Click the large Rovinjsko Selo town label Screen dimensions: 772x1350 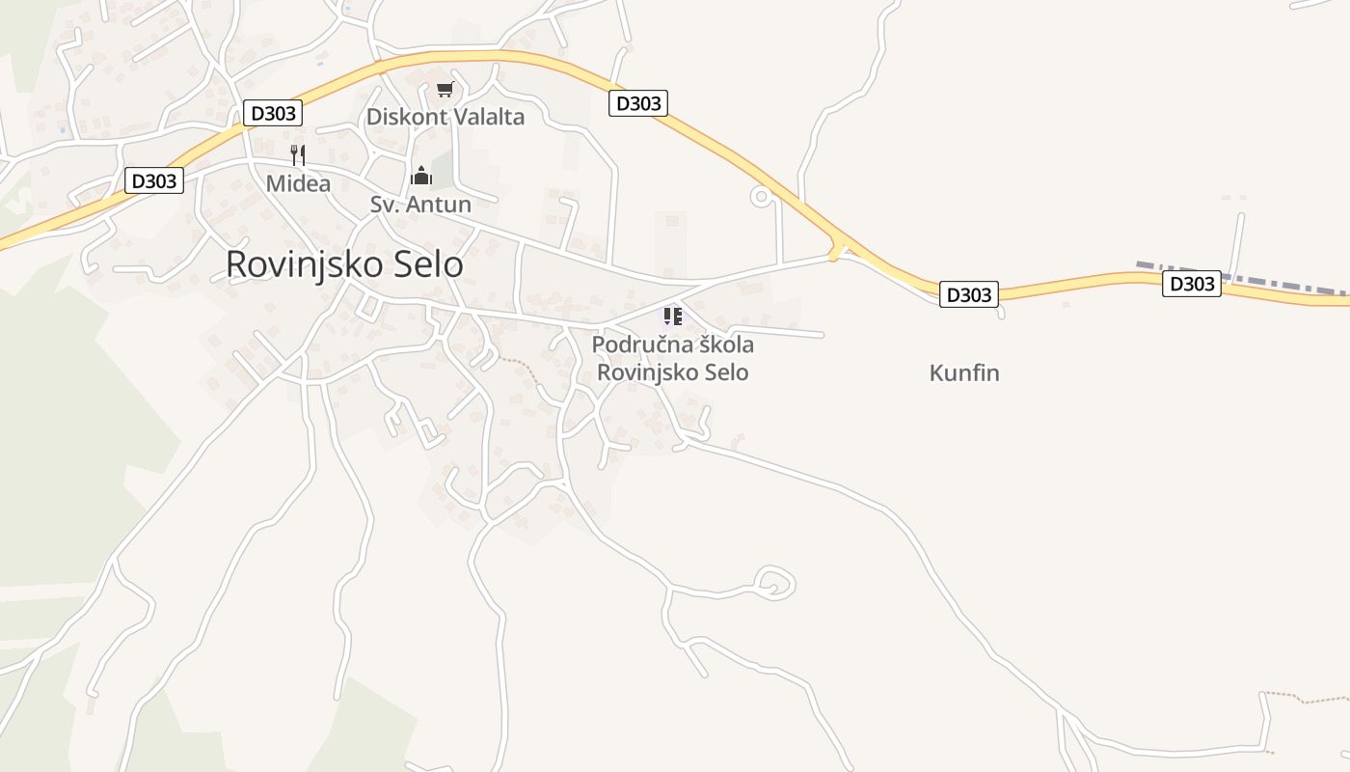click(344, 265)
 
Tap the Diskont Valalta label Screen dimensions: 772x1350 click(445, 118)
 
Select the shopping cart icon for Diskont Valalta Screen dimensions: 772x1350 click(445, 90)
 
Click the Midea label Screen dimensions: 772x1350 click(298, 183)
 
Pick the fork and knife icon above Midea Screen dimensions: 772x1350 click(298, 154)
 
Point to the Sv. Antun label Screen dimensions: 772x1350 click(420, 205)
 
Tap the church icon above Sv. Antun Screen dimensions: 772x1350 click(421, 176)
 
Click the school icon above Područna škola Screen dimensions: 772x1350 click(672, 316)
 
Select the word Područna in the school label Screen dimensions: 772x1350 click(637, 345)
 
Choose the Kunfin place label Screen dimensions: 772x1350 click(964, 373)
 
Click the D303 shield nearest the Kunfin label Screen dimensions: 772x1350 click(968, 295)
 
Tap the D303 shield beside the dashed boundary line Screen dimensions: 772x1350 click(1191, 284)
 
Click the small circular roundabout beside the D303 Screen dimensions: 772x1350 click(761, 197)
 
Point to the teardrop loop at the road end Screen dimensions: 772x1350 click(774, 582)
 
